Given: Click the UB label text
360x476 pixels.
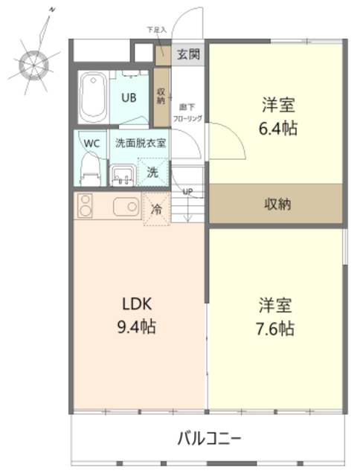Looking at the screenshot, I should point(129,97).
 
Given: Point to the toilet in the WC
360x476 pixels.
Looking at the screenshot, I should point(90,169).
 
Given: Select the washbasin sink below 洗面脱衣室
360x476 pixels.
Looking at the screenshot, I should point(123,176).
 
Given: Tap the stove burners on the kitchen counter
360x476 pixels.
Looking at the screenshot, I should point(83,206).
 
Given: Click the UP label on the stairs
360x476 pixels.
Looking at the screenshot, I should point(187,192).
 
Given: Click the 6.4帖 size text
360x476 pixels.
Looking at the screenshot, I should point(278,128).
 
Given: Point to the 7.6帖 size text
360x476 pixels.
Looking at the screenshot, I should point(276,328).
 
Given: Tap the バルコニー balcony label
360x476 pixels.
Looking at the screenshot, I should point(208,438).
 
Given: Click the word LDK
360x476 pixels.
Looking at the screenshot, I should point(138,303).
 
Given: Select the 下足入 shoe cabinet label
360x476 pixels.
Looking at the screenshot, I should point(156,30).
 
